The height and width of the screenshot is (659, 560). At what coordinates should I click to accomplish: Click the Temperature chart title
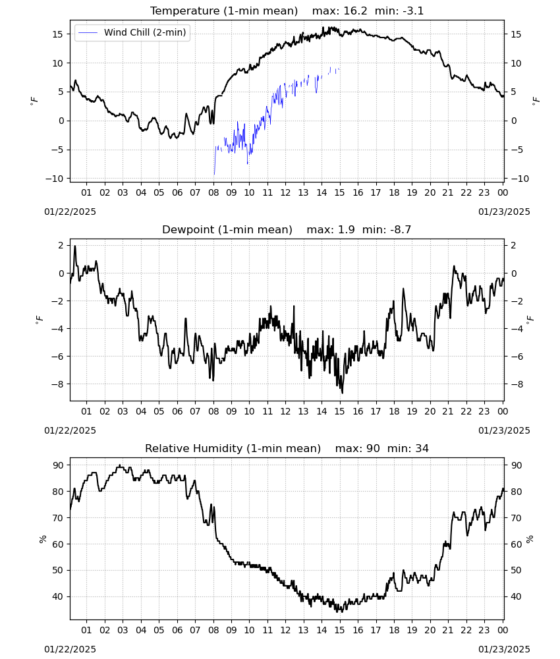click(224, 11)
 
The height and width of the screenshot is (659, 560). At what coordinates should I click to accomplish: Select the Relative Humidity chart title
click(233, 448)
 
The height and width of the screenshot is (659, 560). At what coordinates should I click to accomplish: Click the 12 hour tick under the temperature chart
click(285, 192)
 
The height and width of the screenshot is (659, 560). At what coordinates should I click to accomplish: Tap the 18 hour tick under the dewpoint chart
click(394, 411)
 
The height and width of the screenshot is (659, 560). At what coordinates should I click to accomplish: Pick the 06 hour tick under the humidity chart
click(177, 631)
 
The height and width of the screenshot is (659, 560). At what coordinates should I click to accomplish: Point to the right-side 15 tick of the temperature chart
click(516, 34)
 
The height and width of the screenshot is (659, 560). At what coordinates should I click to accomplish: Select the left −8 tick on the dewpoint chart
click(58, 384)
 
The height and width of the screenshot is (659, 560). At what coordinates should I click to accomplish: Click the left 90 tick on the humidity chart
click(59, 465)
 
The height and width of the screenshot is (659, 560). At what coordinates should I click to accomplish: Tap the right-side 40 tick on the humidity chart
click(516, 597)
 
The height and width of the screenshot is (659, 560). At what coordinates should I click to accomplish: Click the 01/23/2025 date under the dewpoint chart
click(504, 430)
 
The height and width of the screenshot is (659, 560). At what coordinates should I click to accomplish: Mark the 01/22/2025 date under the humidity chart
click(70, 649)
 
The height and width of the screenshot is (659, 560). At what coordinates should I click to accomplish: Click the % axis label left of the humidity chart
click(42, 539)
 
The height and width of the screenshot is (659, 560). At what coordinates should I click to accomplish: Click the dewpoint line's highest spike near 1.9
click(75, 246)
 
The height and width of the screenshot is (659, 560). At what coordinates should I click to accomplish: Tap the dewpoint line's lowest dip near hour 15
click(343, 393)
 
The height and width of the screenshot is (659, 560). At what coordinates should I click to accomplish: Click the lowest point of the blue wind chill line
click(214, 174)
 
